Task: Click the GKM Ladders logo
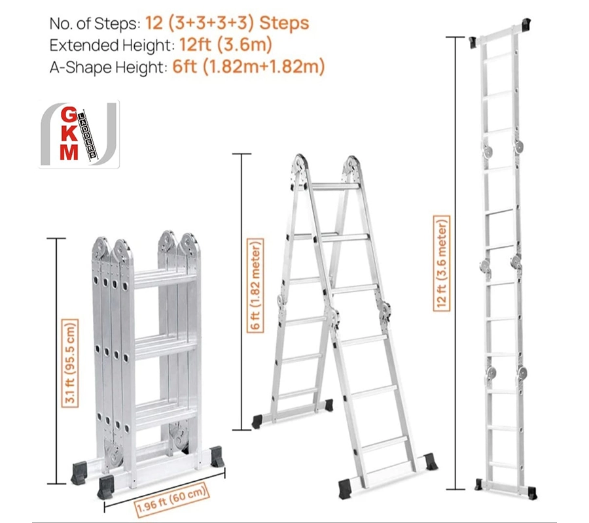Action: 79,134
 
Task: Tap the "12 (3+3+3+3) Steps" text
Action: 227,24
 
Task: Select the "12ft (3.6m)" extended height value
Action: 225,44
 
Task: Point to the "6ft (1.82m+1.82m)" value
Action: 248,67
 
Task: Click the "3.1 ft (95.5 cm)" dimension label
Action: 70,363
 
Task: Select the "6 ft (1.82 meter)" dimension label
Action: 255,286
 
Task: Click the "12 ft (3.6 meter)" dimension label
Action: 442,263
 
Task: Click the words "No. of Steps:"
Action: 95,24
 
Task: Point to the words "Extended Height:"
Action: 112,45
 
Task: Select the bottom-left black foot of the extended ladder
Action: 478,484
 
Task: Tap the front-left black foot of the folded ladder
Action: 106,487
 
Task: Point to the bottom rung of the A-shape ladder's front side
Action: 387,469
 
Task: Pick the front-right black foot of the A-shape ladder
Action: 430,461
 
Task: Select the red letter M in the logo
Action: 69,152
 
